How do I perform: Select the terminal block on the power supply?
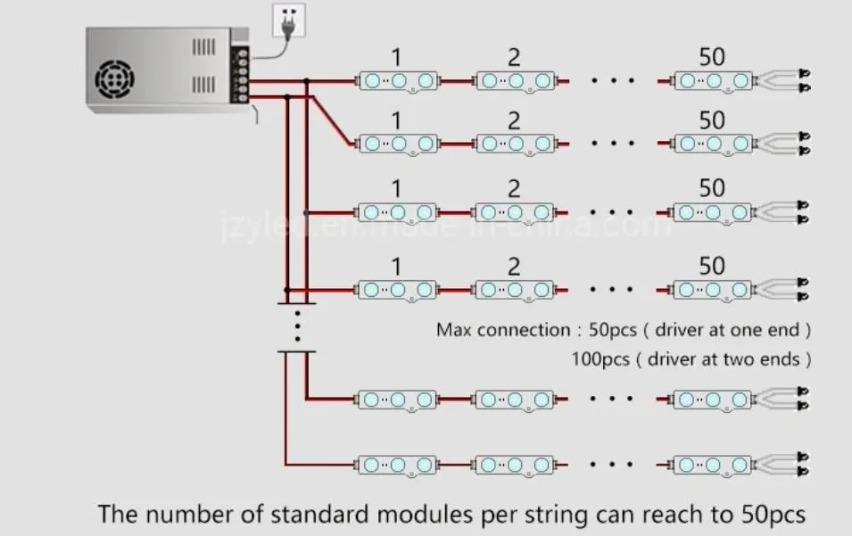[x=240, y=73]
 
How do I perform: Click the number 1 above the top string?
[x=396, y=58]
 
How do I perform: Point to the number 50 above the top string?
[x=711, y=57]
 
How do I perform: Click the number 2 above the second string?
[x=514, y=120]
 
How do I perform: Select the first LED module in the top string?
[x=398, y=81]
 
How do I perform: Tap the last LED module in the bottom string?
[x=711, y=465]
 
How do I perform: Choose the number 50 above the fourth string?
[x=711, y=266]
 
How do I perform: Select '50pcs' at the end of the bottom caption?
[x=773, y=515]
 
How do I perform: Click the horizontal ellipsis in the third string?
[x=612, y=213]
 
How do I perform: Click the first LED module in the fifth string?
[x=398, y=399]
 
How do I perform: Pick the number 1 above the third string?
[x=396, y=189]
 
